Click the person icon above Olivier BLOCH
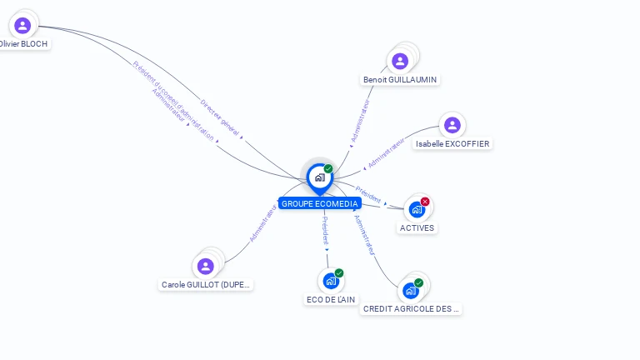pyautogui.click(x=22, y=26)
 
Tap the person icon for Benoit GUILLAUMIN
pyautogui.click(x=400, y=61)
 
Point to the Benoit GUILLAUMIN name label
pyautogui.click(x=400, y=80)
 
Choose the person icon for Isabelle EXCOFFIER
pyautogui.click(x=452, y=125)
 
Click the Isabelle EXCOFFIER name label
pyautogui.click(x=452, y=143)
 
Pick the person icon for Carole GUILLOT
pyautogui.click(x=206, y=266)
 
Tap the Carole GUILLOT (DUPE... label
pyautogui.click(x=206, y=285)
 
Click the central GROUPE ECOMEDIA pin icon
pyautogui.click(x=319, y=177)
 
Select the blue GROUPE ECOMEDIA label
pyautogui.click(x=320, y=203)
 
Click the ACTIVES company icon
pyautogui.click(x=416, y=210)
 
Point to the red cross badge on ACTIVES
pyautogui.click(x=425, y=202)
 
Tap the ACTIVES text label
pyautogui.click(x=417, y=227)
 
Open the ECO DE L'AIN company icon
pyautogui.click(x=330, y=281)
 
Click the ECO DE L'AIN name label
pyautogui.click(x=330, y=300)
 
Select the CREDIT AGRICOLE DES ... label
pyautogui.click(x=411, y=308)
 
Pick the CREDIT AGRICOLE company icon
pyautogui.click(x=410, y=290)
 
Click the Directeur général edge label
pyautogui.click(x=220, y=117)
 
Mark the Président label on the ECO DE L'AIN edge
pyautogui.click(x=325, y=229)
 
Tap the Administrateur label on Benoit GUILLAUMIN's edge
pyautogui.click(x=359, y=122)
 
